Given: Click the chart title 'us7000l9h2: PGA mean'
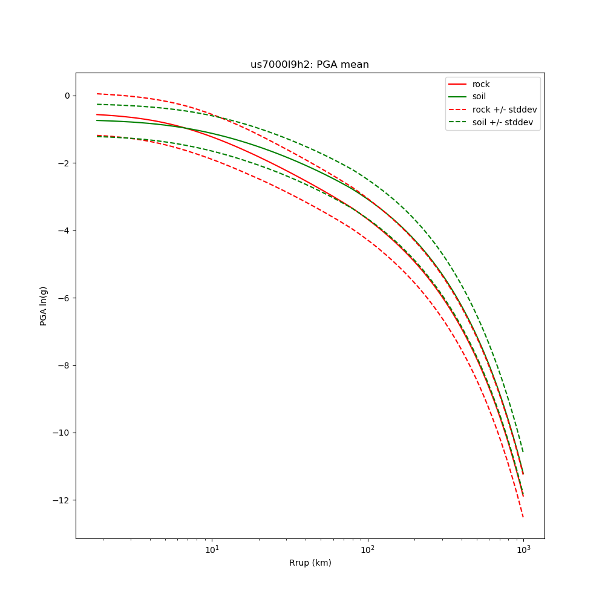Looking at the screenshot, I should [309, 65].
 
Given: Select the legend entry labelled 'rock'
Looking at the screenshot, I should [481, 84].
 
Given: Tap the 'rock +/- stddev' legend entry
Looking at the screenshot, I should [504, 110].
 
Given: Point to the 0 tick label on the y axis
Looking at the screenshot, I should [67, 96].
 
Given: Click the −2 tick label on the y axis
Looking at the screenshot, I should [64, 163].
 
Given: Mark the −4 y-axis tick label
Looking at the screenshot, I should [64, 231].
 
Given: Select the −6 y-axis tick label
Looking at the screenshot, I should [64, 298].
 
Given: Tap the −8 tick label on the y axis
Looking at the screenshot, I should [64, 365].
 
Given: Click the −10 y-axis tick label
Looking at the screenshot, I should [62, 433].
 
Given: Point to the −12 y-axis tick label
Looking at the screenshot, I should [62, 500].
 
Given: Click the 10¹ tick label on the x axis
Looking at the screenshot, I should [212, 549].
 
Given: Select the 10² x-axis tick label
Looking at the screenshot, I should [367, 549].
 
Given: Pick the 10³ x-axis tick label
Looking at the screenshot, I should [523, 549].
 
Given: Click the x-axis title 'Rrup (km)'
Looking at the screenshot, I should [310, 563].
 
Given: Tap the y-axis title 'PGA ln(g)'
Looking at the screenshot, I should [44, 306].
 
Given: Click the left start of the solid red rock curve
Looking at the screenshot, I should [97, 114].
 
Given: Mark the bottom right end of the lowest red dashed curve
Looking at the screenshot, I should [523, 517].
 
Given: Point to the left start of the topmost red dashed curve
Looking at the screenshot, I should [97, 94].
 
